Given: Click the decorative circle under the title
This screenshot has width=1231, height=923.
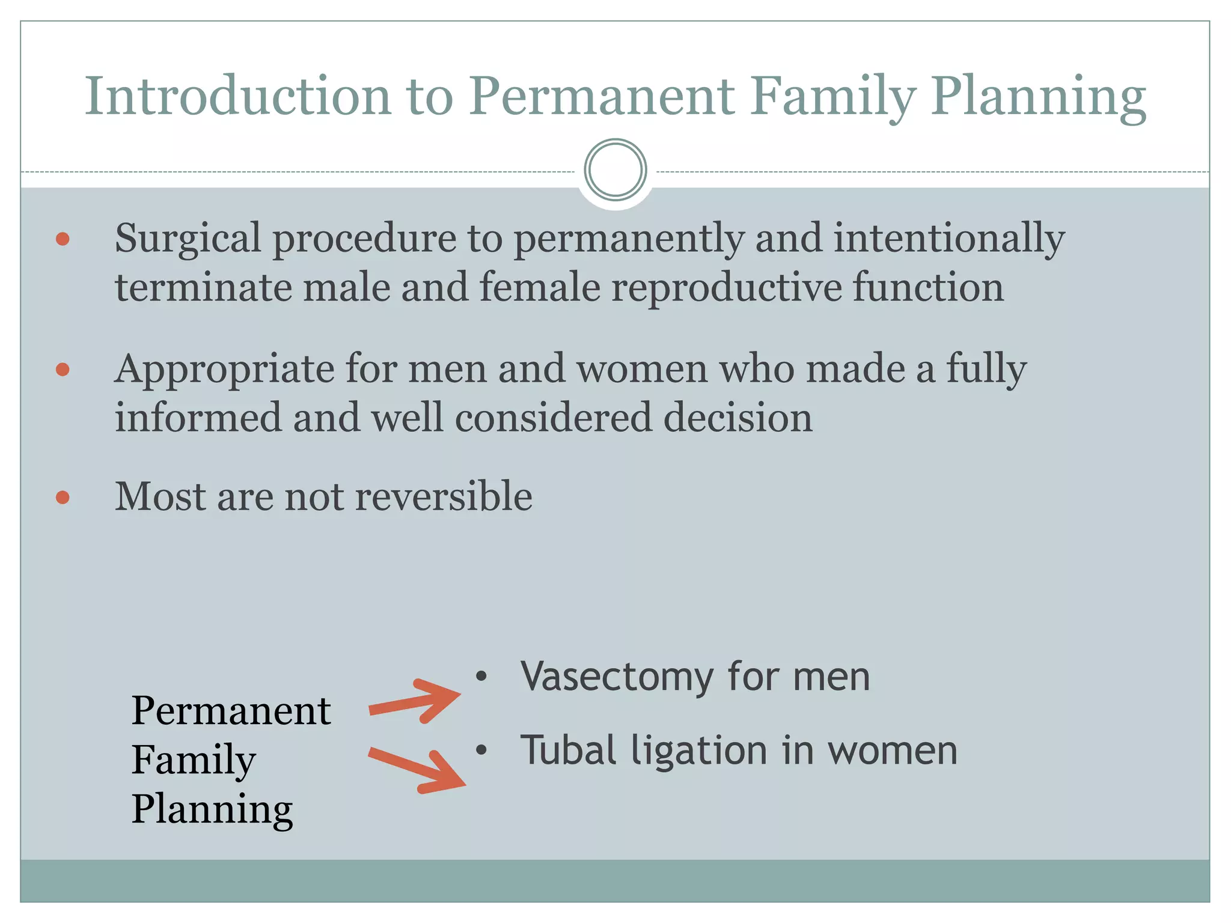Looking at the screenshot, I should tap(615, 170).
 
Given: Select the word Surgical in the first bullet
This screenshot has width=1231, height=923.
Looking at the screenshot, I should tap(188, 239).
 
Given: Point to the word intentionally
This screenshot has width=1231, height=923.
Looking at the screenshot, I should tap(948, 239).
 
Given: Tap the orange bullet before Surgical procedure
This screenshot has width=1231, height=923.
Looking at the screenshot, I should tap(63, 239).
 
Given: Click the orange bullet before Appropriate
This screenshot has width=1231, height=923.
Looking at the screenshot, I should tap(63, 369).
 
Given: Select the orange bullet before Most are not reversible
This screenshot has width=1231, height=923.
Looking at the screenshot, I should tap(63, 498).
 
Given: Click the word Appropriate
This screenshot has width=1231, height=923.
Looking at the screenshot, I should tap(224, 369).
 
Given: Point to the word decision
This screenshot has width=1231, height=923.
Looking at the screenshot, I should tap(738, 418).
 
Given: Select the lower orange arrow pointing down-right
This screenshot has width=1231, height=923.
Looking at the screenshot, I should tap(418, 770).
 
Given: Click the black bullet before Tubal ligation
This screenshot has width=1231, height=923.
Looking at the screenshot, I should tap(481, 750).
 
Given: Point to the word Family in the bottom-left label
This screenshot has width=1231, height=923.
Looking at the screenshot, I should tap(193, 760).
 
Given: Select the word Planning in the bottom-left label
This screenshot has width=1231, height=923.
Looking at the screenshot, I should tap(212, 809).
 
